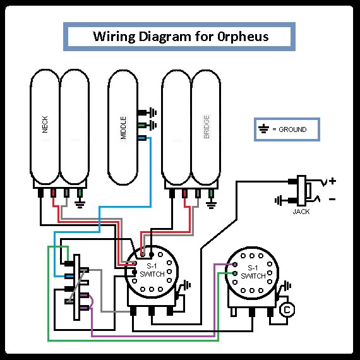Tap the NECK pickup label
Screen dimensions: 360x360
(45, 124)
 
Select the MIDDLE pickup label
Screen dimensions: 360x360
(123, 128)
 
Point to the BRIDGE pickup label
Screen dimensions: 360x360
(207, 126)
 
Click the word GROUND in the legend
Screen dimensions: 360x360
(292, 129)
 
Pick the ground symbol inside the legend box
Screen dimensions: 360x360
(263, 129)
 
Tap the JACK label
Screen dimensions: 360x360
(301, 212)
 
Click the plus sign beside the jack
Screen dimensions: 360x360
(332, 181)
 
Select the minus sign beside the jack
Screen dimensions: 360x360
(332, 199)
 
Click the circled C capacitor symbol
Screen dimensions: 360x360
(287, 309)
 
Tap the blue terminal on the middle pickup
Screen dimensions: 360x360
(142, 138)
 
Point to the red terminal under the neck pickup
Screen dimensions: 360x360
(53, 193)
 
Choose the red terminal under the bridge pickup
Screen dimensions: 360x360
(184, 193)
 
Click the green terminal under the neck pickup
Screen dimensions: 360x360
(80, 193)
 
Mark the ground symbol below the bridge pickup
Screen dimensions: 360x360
(211, 204)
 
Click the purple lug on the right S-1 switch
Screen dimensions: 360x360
(234, 265)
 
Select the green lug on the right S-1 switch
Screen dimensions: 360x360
(235, 273)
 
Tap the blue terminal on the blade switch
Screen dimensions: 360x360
(69, 276)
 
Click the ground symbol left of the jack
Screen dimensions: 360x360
(279, 201)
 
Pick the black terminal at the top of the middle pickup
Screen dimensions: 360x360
(142, 112)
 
